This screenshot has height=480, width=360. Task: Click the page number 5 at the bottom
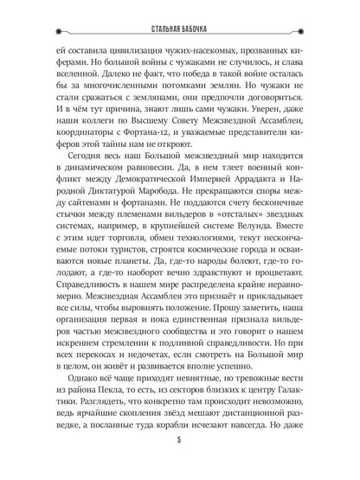pos(180,458)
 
